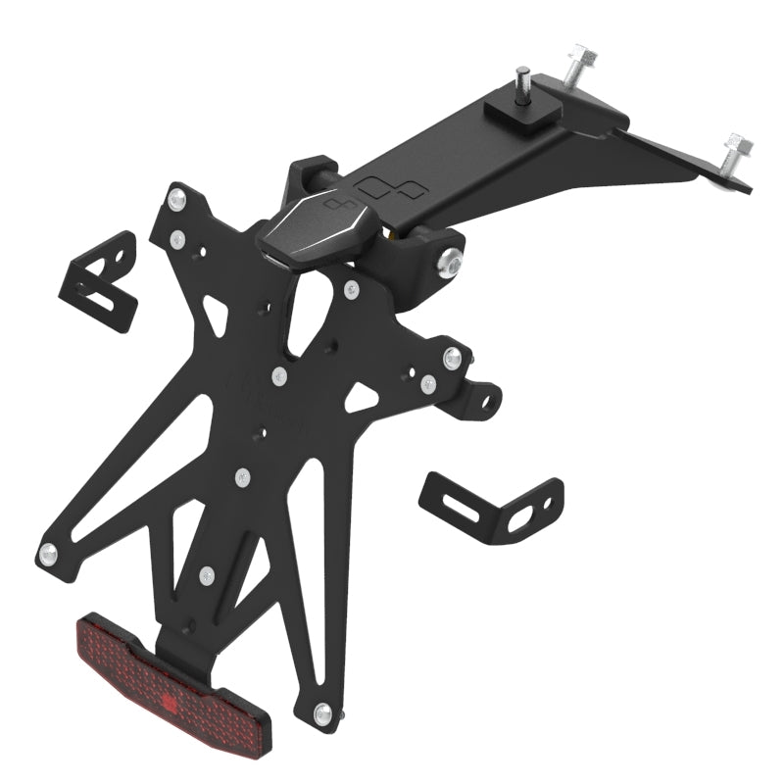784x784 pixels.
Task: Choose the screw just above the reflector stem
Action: [x=205, y=577]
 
